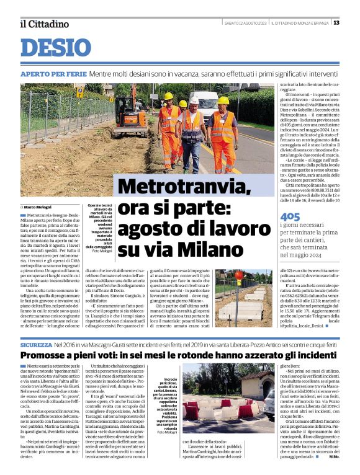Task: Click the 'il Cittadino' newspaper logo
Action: pos(44,24)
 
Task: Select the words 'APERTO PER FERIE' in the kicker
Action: pos(53,74)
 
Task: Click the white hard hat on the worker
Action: pos(194,100)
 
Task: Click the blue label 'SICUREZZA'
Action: pos(36,344)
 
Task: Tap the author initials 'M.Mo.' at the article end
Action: pos(335,464)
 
